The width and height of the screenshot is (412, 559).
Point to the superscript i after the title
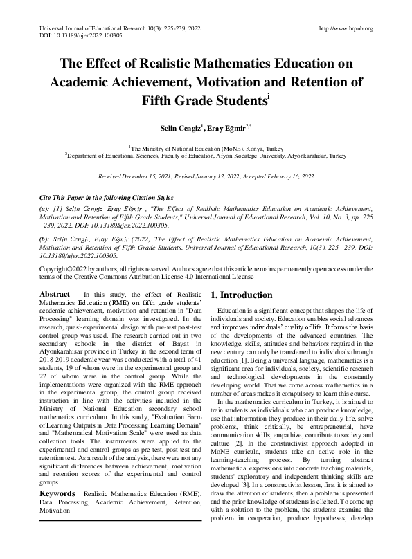(268, 97)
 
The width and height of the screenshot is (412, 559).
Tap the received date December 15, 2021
(151, 177)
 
